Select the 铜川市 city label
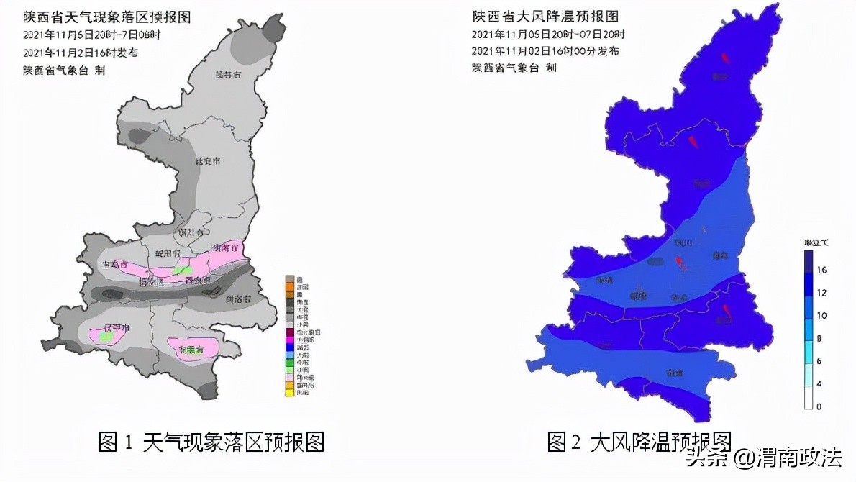click(191, 232)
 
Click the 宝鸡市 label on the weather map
click(114, 265)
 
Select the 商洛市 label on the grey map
click(237, 299)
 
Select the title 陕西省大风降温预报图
click(545, 17)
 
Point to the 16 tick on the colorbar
click(821, 269)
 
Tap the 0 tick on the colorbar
click(819, 407)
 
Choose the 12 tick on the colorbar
click(821, 292)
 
